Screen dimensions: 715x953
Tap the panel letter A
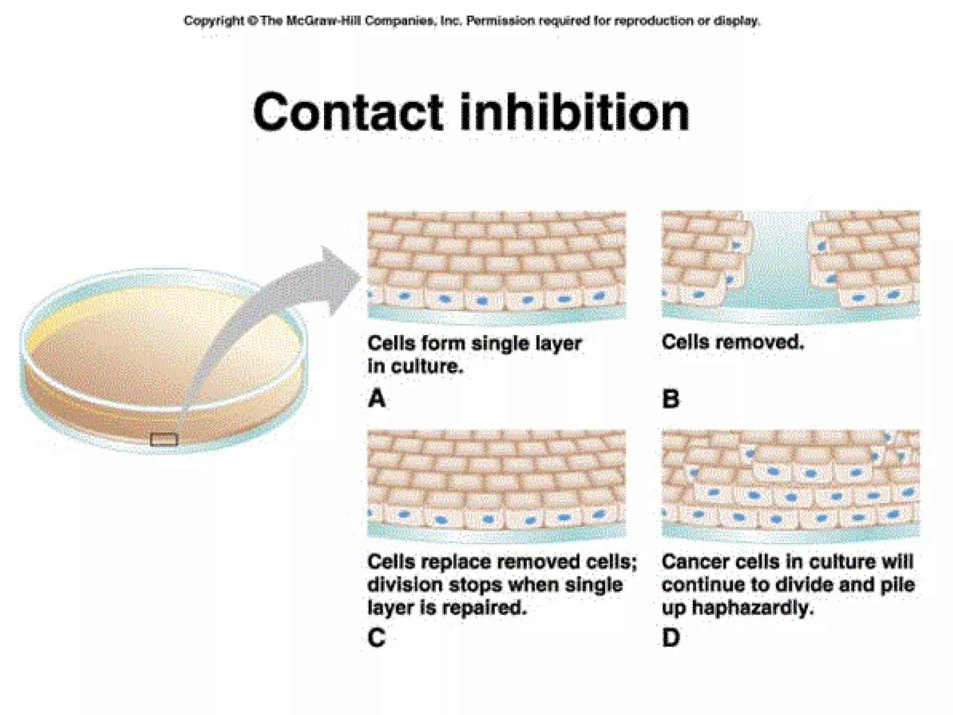tap(376, 398)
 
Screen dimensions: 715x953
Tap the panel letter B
tap(671, 399)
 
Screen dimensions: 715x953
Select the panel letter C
tap(376, 637)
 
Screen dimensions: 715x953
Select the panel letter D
tap(671, 637)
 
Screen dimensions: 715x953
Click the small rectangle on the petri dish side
tap(164, 439)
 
